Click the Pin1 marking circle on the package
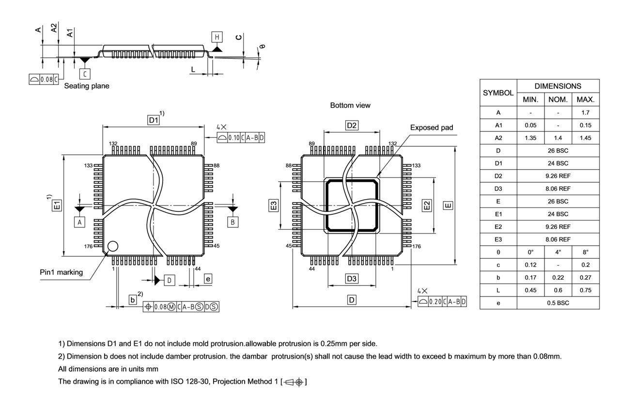[112, 246]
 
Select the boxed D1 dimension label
[154, 120]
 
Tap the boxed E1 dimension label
[57, 206]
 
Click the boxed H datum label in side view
[217, 37]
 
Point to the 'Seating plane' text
[87, 86]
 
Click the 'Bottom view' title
[350, 105]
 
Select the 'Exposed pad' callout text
[432, 127]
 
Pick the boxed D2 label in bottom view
[352, 126]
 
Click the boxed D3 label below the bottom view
[352, 279]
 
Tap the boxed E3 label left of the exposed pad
[274, 205]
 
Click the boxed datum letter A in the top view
[79, 222]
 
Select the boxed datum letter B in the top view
[233, 222]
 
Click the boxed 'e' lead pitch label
[208, 279]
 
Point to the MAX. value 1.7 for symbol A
[585, 112]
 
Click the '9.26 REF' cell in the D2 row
[558, 176]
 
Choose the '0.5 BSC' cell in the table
[558, 303]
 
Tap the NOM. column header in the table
[558, 100]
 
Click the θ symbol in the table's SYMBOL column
[498, 252]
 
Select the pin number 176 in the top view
[88, 246]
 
